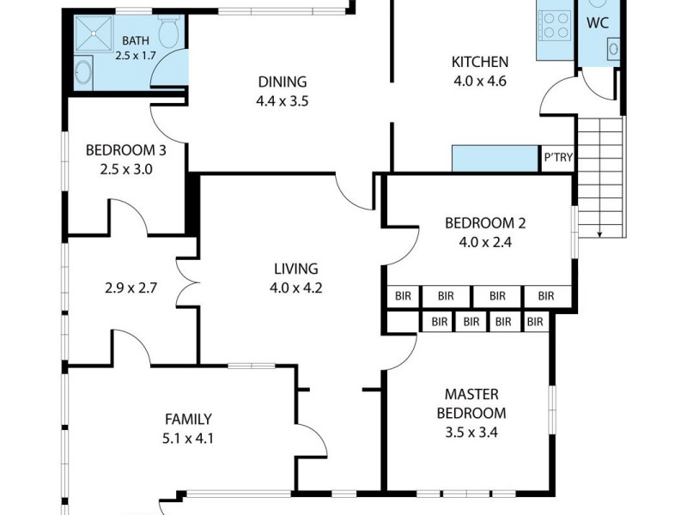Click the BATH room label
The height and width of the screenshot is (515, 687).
pos(135,40)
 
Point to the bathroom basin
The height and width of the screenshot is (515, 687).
pos(83,73)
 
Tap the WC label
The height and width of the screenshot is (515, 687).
pos(598,23)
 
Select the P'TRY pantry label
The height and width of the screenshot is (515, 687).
pos(556,159)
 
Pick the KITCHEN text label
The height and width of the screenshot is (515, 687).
pos(480,62)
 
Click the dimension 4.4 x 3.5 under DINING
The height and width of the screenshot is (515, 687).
pos(282,100)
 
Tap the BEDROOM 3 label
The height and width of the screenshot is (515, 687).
pos(125,150)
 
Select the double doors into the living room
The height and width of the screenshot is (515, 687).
pos(186,284)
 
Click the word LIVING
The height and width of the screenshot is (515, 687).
pos(295,269)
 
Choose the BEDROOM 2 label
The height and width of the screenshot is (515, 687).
pos(484,223)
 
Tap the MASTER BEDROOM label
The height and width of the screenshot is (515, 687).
pos(471,404)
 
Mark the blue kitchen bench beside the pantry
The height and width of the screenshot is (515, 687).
pos(495,158)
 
